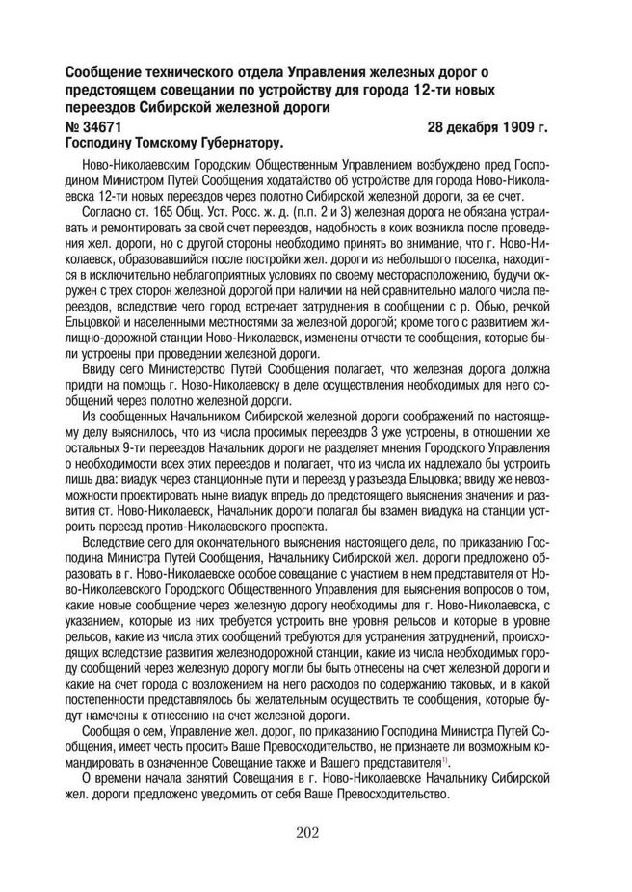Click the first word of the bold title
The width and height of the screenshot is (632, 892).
point(109,73)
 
